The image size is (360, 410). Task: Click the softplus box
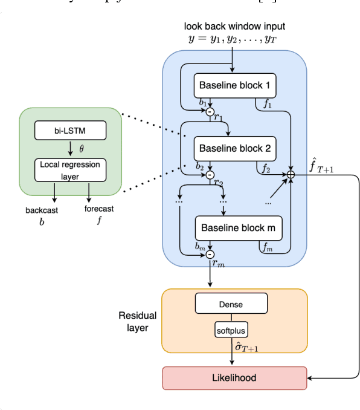pyautogui.click(x=231, y=330)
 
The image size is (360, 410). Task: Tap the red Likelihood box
pyautogui.click(x=234, y=377)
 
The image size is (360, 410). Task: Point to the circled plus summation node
pyautogui.click(x=291, y=174)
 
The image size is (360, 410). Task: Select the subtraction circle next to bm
pyautogui.click(x=210, y=255)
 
